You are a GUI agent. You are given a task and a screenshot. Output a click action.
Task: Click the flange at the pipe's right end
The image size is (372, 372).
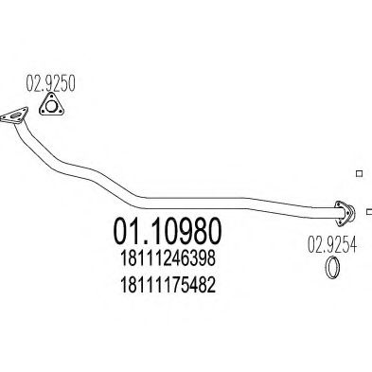point(344,208)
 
